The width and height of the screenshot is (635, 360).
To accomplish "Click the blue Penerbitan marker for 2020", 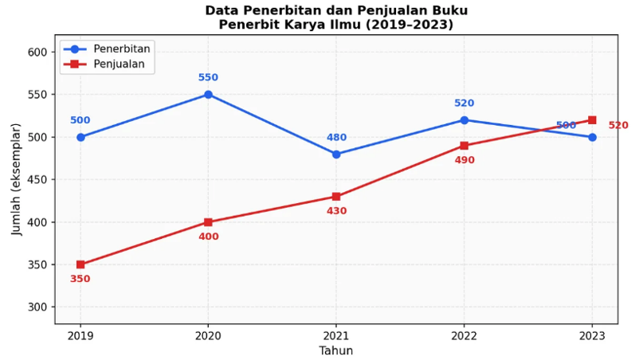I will pyautogui.click(x=208, y=94).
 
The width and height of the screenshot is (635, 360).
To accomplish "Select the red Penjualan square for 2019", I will pyautogui.click(x=80, y=264).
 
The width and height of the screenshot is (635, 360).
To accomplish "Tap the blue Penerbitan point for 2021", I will pyautogui.click(x=336, y=154).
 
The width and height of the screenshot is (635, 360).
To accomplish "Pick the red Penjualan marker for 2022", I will pyautogui.click(x=464, y=146).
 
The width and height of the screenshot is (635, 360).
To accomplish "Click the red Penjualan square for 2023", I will pyautogui.click(x=592, y=120).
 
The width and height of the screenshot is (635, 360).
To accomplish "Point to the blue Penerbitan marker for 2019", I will pyautogui.click(x=80, y=137).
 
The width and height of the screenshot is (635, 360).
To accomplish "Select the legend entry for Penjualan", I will pyautogui.click(x=119, y=65).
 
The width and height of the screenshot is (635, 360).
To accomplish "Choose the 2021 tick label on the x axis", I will pyautogui.click(x=336, y=335).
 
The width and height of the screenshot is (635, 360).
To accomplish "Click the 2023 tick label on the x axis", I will pyautogui.click(x=592, y=335).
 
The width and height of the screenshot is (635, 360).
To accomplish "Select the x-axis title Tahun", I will pyautogui.click(x=336, y=350).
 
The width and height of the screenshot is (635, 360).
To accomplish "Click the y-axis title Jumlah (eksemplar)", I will pyautogui.click(x=18, y=179).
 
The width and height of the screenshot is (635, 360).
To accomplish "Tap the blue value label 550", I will pyautogui.click(x=208, y=78).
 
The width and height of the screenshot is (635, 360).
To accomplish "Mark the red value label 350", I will pyautogui.click(x=80, y=279).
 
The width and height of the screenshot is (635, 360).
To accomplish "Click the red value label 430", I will pyautogui.click(x=336, y=211).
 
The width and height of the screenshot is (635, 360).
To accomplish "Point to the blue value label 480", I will pyautogui.click(x=336, y=138).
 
